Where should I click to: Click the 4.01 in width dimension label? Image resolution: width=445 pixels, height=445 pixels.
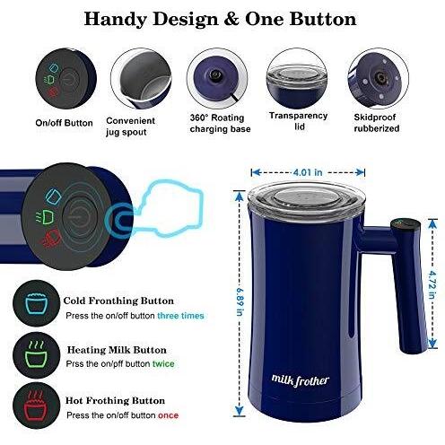click(x=308, y=172)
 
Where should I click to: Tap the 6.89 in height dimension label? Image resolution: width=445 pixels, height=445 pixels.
click(x=240, y=301)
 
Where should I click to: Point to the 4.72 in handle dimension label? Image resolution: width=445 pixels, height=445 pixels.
click(x=432, y=284)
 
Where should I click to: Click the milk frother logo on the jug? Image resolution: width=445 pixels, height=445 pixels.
click(x=301, y=380)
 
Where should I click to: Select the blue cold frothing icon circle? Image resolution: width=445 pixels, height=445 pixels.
click(x=37, y=303)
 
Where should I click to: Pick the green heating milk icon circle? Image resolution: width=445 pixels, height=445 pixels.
click(x=37, y=355)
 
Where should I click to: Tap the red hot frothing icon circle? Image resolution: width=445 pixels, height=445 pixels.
click(x=37, y=406)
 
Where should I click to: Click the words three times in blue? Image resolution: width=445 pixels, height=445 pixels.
click(x=180, y=316)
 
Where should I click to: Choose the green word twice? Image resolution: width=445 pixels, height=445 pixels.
click(x=163, y=364)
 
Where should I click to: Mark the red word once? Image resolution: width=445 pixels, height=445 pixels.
click(x=168, y=415)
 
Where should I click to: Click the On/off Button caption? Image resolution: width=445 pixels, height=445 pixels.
click(x=64, y=123)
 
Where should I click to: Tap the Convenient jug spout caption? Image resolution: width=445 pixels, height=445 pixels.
click(x=130, y=127)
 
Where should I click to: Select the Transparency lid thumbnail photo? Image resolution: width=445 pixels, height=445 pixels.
click(x=297, y=78)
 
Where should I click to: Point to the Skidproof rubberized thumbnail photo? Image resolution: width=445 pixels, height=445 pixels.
click(x=379, y=78)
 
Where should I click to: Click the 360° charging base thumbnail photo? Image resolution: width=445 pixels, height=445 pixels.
click(x=217, y=78)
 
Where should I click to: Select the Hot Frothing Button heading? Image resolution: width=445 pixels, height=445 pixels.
click(x=115, y=401)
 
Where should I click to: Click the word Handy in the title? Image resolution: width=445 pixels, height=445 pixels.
click(x=116, y=20)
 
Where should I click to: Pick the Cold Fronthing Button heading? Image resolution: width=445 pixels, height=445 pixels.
click(x=118, y=301)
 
